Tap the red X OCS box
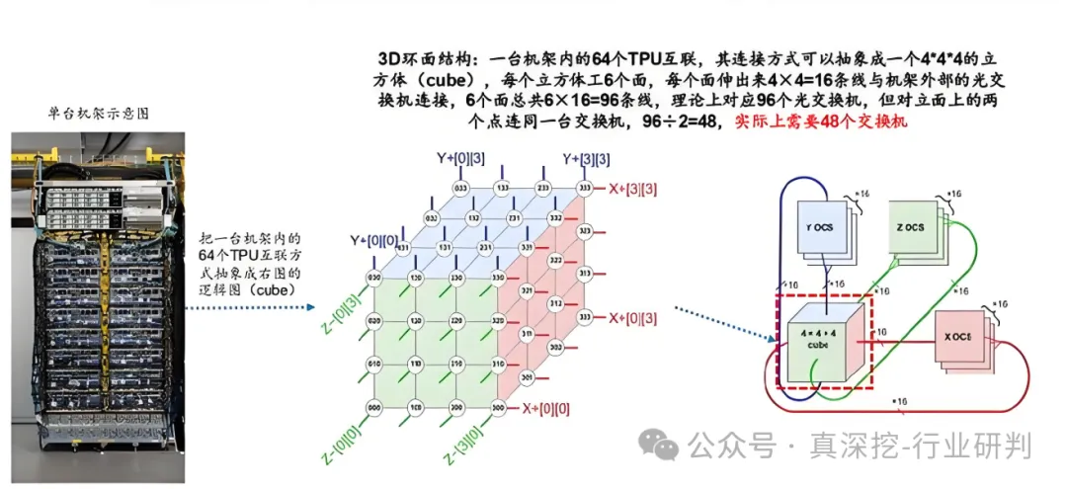click(x=958, y=337)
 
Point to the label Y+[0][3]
click(x=457, y=158)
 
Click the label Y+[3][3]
click(x=586, y=158)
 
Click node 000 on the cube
click(x=373, y=406)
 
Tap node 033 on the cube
click(x=459, y=188)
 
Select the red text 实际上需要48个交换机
click(x=821, y=122)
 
